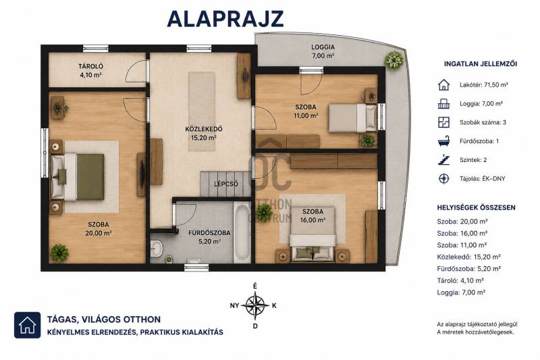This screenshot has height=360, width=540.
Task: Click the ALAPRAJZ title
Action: [x=225, y=20]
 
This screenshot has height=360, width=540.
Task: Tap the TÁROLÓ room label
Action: [x=90, y=66]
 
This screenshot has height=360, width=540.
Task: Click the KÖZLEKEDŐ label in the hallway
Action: [x=204, y=129]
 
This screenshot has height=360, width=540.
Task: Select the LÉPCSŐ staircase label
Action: [x=226, y=184]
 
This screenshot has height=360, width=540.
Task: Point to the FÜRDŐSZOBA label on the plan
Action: [x=209, y=233]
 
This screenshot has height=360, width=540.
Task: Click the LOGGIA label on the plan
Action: [x=323, y=47]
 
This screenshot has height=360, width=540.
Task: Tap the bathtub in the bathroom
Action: [x=242, y=232]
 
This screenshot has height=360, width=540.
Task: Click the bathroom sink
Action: [x=157, y=248]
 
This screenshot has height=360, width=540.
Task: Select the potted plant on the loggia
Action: [x=394, y=60]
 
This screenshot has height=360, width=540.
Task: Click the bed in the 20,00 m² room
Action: [x=78, y=177]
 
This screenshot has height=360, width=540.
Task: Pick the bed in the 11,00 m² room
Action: [x=352, y=118]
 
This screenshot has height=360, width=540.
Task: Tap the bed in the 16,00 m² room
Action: [x=313, y=234]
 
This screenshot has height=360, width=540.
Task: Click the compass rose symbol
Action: [x=255, y=305]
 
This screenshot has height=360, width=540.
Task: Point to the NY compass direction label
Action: [x=234, y=305]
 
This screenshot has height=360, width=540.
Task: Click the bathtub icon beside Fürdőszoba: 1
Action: [x=443, y=141]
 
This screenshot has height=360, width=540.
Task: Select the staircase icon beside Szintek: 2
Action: [x=443, y=160]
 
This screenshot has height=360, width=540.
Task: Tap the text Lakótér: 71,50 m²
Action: [x=484, y=84]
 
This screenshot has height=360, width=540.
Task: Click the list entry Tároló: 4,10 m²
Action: [x=460, y=280]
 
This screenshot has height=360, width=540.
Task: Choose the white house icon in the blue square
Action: [x=27, y=325]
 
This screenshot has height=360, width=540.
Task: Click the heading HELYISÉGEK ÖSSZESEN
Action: [x=477, y=208]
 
